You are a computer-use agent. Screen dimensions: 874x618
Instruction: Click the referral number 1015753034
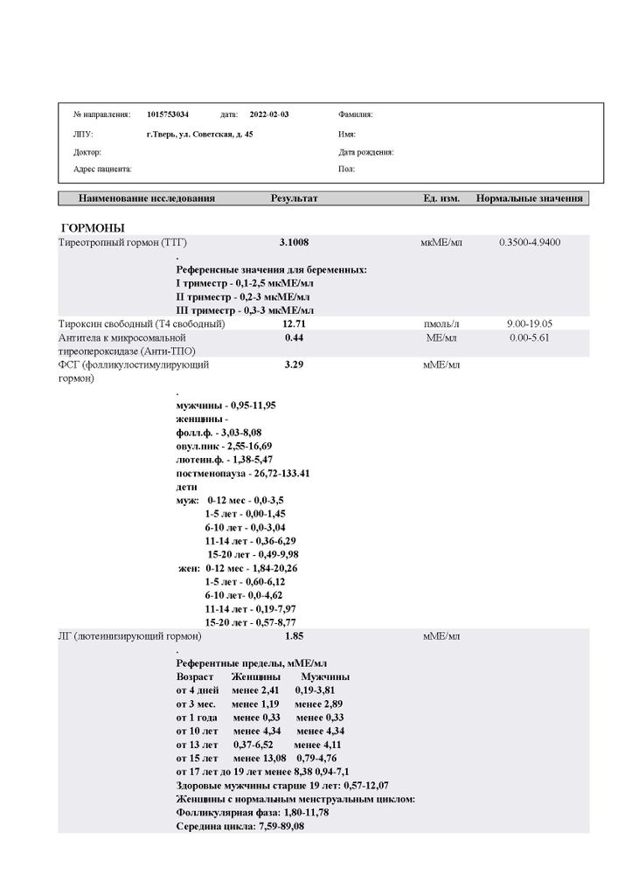[x=168, y=114]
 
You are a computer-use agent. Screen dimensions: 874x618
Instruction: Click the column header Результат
[x=294, y=198]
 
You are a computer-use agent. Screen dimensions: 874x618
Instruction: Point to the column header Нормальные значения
[x=529, y=198]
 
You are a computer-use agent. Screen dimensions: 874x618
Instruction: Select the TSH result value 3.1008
[x=294, y=241]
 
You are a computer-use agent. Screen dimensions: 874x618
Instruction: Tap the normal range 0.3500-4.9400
[x=529, y=241]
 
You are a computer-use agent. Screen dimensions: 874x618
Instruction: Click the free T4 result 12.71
[x=294, y=323]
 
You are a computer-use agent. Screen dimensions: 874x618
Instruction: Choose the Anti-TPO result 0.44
[x=294, y=337]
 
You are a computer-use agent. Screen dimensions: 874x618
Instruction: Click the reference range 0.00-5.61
[x=529, y=337]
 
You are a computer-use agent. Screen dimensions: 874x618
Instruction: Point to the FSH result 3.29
[x=294, y=364]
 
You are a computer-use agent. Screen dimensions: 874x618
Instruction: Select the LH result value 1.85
[x=294, y=635]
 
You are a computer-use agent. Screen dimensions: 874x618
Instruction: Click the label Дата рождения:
[x=365, y=152]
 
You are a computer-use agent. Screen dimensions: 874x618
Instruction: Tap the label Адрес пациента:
[x=102, y=169]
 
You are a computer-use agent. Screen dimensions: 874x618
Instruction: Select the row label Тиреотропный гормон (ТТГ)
[x=122, y=241]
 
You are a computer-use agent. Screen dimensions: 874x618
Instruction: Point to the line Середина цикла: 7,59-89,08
[x=240, y=826]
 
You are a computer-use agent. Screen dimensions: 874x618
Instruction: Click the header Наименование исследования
[x=146, y=198]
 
